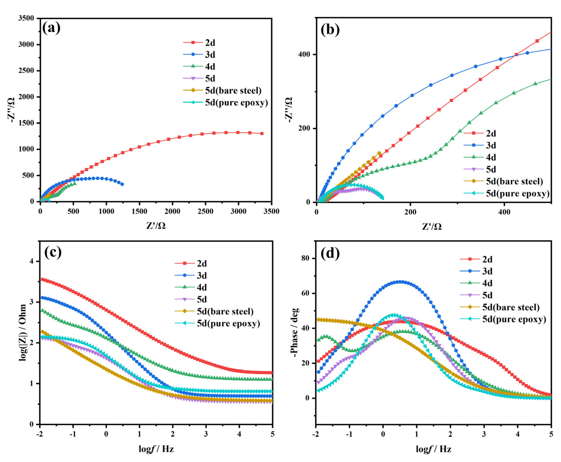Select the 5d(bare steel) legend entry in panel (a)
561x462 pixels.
pos(233,90)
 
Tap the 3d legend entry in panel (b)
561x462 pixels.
pos(491,145)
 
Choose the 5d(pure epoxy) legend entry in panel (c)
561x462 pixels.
pos(228,323)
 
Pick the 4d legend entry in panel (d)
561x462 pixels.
pos(487,283)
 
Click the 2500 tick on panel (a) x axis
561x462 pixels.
pos(205,211)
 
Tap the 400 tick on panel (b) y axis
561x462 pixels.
pos(304,54)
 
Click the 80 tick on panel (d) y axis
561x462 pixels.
pos(305,258)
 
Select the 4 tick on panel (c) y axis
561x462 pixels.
pos(32,261)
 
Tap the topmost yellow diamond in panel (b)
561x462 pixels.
pos(379,153)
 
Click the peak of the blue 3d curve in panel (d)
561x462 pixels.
pos(401,282)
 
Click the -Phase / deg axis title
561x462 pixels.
pos(295,333)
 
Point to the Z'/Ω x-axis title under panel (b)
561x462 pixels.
pos(432,226)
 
